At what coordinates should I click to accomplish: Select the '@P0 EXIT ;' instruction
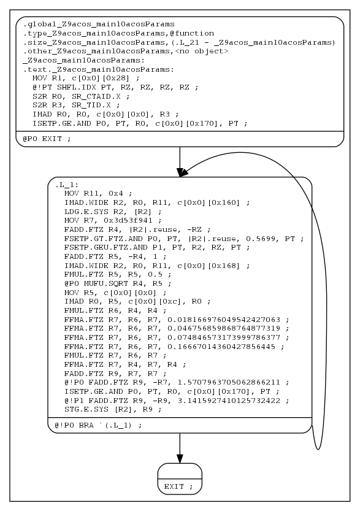(47, 139)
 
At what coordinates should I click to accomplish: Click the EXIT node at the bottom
(180, 486)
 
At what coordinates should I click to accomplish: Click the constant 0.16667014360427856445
(221, 347)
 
